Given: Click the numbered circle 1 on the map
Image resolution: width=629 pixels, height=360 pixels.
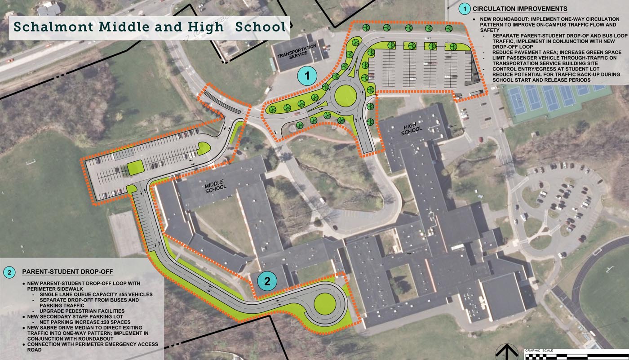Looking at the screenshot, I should [308, 76].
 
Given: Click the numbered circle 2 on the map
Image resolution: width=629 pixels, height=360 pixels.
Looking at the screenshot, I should [267, 281].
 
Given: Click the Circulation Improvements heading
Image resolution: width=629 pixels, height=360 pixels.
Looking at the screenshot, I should [520, 9].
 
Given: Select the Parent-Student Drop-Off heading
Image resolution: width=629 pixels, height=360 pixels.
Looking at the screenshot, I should [67, 272].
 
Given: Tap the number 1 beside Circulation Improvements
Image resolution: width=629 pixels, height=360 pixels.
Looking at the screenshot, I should [464, 9].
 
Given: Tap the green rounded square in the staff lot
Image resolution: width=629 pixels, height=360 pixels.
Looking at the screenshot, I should [135, 167].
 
